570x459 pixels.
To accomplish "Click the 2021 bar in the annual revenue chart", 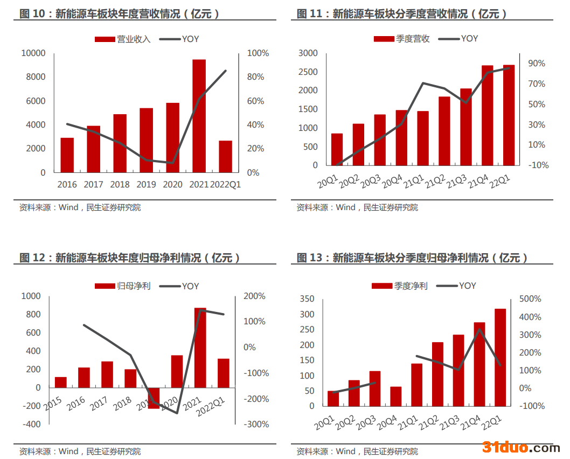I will pos(199,116).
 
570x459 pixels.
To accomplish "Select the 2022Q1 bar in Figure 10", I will pos(225,156).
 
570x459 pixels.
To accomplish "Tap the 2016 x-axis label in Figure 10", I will pos(67,184).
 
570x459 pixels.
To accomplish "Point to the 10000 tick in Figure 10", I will pos(33,53).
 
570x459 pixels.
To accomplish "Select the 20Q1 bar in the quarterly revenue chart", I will pos(337,149).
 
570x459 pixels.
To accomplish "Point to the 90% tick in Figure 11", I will pos(537,64).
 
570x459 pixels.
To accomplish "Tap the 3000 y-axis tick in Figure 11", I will pos(309,53).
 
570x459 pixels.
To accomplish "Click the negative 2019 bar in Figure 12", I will pos(154,398).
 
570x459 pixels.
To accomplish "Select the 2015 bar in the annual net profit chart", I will pos(61,382).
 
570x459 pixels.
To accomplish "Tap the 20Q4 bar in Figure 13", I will pos(396,396).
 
